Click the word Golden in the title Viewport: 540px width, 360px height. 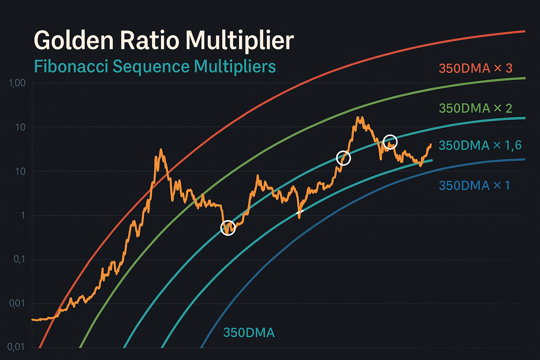(x=73, y=40)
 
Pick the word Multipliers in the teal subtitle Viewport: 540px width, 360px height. (x=235, y=67)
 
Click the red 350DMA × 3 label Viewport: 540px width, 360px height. (x=475, y=68)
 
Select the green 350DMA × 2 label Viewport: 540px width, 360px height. (x=475, y=108)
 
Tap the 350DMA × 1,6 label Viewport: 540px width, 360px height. (x=480, y=145)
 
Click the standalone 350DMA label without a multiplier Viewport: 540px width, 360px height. (x=249, y=333)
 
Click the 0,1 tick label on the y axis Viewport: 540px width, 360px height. (x=19, y=259)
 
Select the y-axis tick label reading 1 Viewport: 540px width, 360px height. (x=23, y=215)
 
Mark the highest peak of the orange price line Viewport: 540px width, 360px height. (x=358, y=117)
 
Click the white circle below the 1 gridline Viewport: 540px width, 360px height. (x=228, y=228)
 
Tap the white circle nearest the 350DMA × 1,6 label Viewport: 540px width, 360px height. (x=390, y=142)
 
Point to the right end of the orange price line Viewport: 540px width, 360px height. (x=430, y=144)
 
